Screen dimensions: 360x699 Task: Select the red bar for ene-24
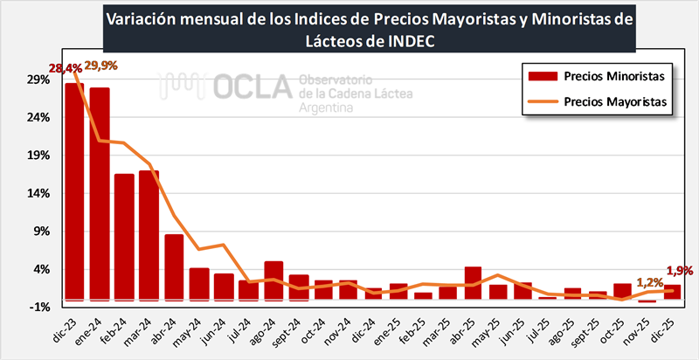pyautogui.click(x=100, y=193)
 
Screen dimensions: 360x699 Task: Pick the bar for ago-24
pyautogui.click(x=273, y=280)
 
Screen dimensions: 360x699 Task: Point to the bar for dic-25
pyautogui.click(x=673, y=292)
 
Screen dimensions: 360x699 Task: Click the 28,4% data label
pyautogui.click(x=66, y=67)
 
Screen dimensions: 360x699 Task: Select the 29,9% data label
pyautogui.click(x=101, y=66)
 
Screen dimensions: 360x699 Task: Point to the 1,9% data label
pyautogui.click(x=680, y=271)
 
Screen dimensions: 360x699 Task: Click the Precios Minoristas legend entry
pyautogui.click(x=594, y=76)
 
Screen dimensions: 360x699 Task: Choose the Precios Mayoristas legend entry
pyautogui.click(x=594, y=100)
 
